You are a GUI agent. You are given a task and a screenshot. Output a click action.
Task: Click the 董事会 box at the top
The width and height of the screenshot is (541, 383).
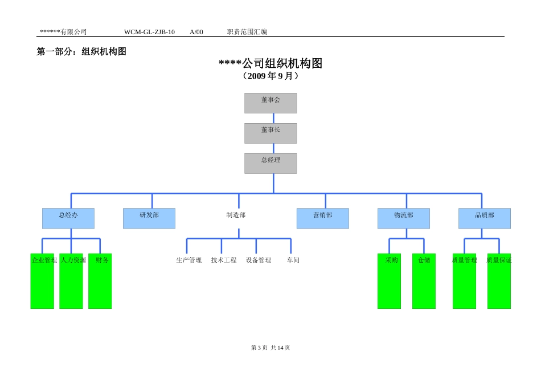270,103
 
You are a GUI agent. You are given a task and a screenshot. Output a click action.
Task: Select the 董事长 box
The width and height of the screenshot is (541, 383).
270,133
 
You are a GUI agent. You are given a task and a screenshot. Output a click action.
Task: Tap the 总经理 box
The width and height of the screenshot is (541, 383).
270,164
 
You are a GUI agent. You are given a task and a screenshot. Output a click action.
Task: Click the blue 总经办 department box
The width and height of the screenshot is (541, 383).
68,218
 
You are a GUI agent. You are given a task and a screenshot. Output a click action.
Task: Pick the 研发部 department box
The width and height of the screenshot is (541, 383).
149,218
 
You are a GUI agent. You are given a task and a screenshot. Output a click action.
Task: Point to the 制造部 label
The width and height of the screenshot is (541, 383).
236,215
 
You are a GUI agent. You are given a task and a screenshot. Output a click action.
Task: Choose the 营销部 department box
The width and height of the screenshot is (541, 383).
323,218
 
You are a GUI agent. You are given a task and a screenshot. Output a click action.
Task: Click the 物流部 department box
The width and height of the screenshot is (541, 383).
404,218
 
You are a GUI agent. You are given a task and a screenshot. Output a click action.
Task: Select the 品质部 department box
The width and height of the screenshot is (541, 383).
485,218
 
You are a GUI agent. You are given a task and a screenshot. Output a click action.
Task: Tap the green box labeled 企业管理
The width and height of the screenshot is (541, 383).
42,281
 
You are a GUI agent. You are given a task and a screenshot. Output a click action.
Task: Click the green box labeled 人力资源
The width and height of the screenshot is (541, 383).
71,281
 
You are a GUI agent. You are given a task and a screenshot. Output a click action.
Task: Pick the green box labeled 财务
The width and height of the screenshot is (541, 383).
100,281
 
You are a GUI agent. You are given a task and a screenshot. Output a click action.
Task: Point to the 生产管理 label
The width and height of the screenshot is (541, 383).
189,260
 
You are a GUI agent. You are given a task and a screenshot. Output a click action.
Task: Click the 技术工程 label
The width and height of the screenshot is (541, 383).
224,260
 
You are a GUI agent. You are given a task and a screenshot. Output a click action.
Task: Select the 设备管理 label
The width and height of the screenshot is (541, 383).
259,260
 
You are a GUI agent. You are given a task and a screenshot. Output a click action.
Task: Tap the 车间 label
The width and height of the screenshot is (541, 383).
293,260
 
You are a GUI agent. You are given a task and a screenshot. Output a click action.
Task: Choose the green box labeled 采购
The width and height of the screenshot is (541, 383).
389,281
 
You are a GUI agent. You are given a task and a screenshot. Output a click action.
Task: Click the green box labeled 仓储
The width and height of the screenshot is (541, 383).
424,281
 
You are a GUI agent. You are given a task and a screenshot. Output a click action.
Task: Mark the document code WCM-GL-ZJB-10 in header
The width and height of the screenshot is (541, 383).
149,32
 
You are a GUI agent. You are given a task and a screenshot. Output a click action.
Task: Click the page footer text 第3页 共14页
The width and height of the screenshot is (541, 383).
270,348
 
